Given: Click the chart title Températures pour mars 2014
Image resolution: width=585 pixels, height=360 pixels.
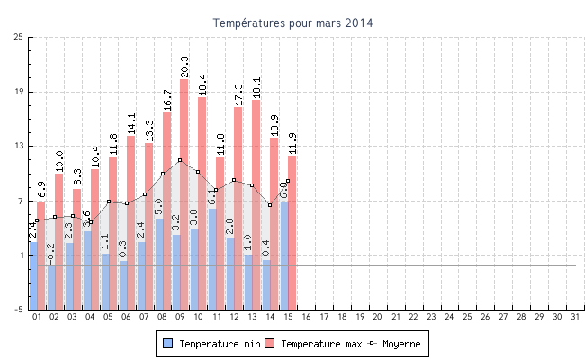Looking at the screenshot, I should [292, 22].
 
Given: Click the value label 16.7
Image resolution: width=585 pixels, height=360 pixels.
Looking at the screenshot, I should [167, 100].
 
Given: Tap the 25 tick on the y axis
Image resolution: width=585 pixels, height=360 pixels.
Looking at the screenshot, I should [19, 37].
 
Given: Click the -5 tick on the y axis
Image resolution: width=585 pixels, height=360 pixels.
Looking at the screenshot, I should [19, 310].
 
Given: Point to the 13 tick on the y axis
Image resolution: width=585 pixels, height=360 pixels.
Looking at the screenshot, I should [19, 146].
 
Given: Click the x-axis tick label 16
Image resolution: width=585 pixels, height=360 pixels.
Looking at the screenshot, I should [306, 318].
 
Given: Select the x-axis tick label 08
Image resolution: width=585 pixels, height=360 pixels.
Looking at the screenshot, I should [162, 318].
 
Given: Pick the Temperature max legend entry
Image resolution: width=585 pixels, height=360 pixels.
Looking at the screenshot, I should [315, 344].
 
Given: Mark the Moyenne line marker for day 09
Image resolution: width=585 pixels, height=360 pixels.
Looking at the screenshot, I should [180, 160].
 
